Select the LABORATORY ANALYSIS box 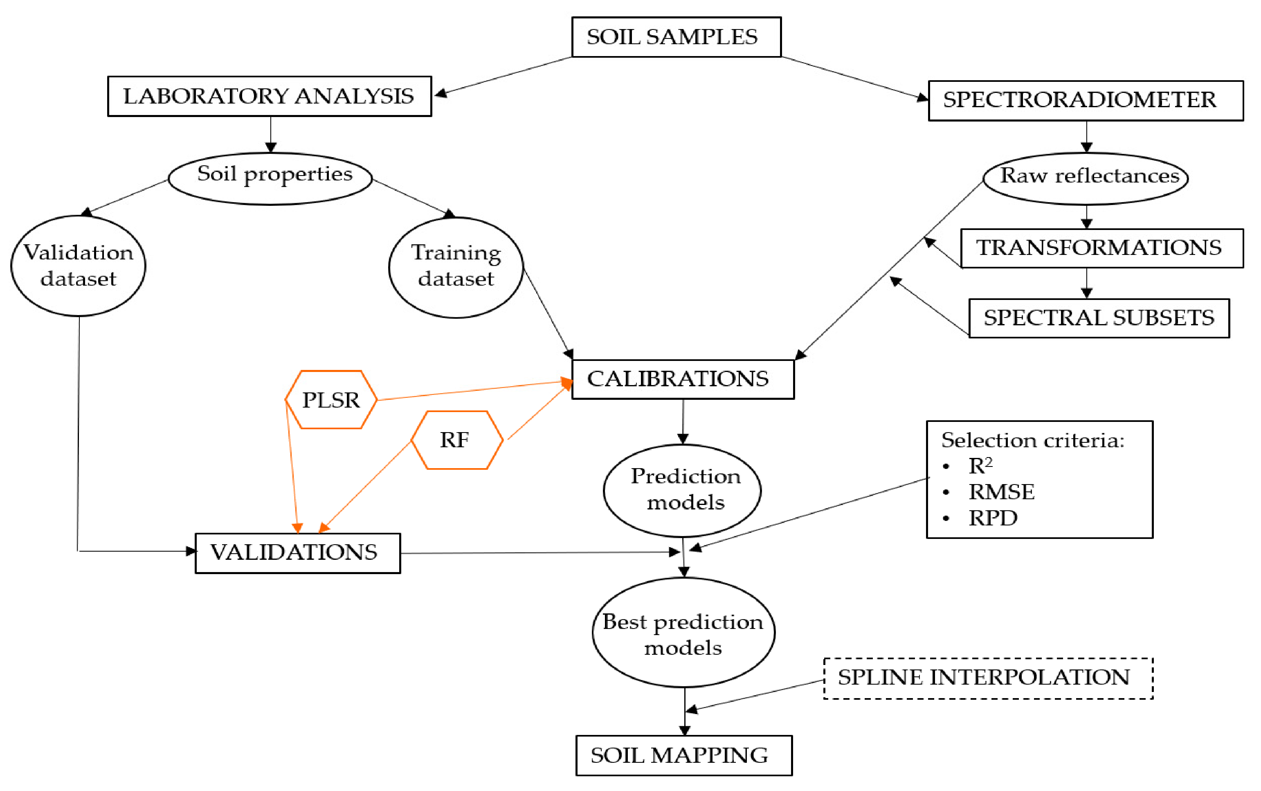click(x=269, y=96)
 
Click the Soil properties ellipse click(x=270, y=178)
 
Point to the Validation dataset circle click(x=79, y=266)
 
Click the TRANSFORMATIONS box click(x=1101, y=248)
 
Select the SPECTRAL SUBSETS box click(x=1098, y=318)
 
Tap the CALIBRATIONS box click(x=682, y=379)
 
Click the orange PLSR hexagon click(x=331, y=400)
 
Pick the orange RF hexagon click(x=456, y=440)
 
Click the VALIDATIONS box click(x=297, y=553)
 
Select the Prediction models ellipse click(x=682, y=490)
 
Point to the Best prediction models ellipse click(x=683, y=633)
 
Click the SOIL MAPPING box click(x=683, y=755)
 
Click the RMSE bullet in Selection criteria click(x=1000, y=492)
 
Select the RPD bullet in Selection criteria click(x=992, y=518)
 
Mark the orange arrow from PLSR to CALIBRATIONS click(x=470, y=391)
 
